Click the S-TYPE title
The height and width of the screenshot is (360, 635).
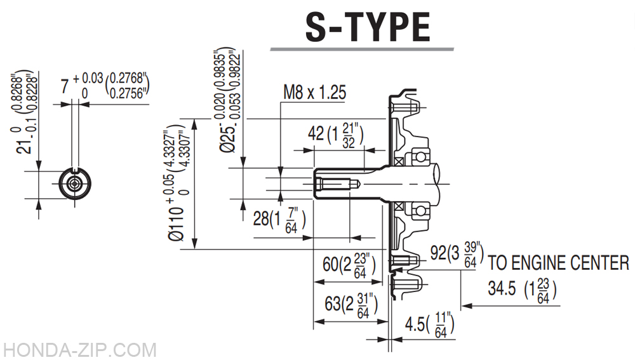click(x=367, y=27)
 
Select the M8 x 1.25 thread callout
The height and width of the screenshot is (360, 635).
click(x=315, y=92)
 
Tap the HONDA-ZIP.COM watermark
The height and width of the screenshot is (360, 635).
click(x=79, y=350)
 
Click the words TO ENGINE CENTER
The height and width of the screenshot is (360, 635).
click(x=558, y=263)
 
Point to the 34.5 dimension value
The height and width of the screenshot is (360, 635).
click(x=502, y=288)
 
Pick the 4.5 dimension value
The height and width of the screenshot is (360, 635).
click(x=415, y=324)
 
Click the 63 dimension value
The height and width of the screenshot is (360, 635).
click(x=333, y=303)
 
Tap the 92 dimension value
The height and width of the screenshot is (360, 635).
click(x=438, y=252)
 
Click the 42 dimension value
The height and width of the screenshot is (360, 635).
click(x=316, y=133)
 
